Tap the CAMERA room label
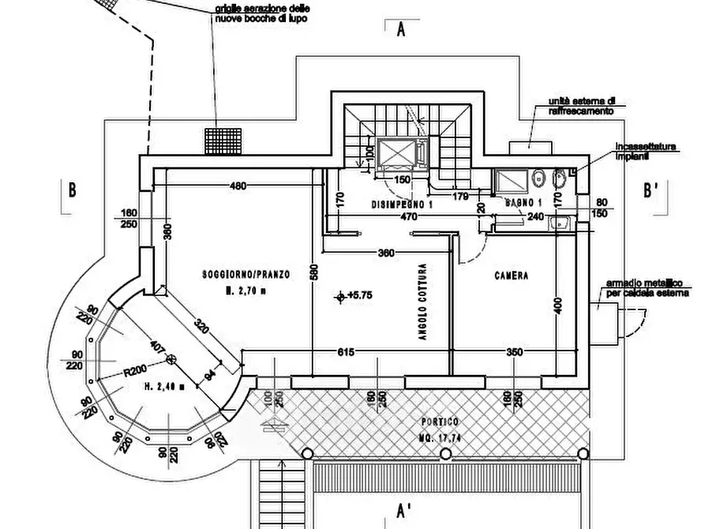pos(512,276)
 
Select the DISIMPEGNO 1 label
pos(403,204)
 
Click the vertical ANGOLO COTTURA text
pos(423,302)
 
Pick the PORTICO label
pos(441,422)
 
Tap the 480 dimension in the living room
pos(238,186)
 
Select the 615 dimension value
pos(345,352)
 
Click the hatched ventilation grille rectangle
pos(223,141)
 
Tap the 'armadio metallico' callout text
pos(644,288)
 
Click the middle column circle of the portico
pos(445,454)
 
